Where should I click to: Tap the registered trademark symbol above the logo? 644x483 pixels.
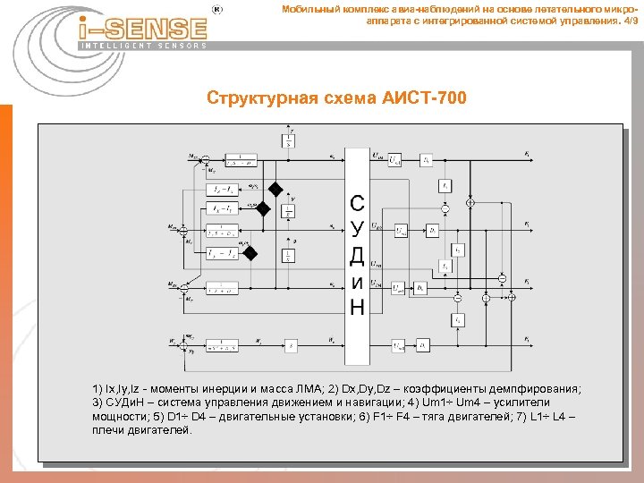[215, 8]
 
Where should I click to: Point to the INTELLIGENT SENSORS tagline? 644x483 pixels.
[143, 45]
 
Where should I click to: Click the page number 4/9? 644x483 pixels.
[630, 21]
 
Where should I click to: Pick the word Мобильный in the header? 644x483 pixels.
[308, 9]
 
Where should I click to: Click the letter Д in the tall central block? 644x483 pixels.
[357, 257]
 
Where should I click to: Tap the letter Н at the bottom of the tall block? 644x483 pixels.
[357, 308]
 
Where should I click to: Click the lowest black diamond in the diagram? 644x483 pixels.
[251, 254]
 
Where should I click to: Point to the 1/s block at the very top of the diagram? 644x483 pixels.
[288, 140]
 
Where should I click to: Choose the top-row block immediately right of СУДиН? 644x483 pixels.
[394, 160]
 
